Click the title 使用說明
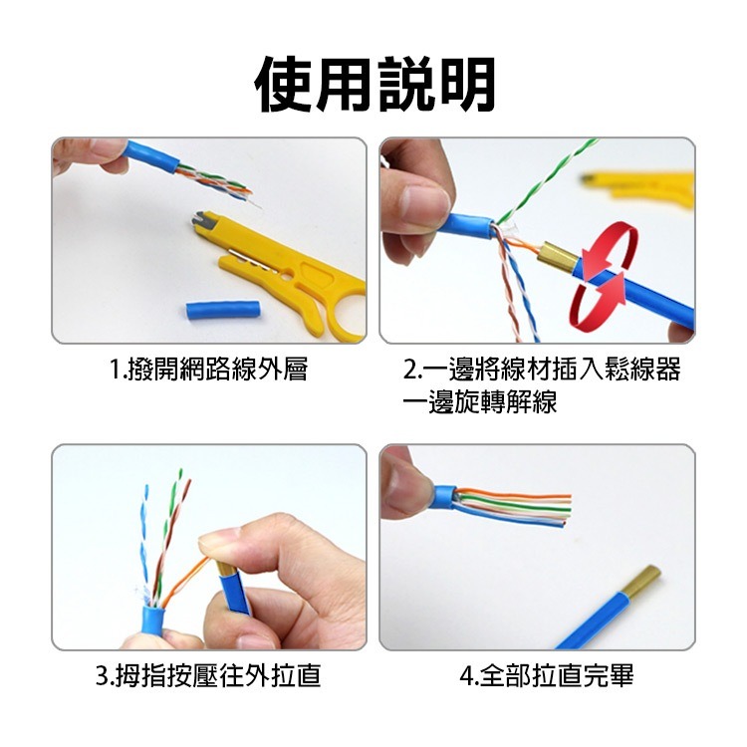pyautogui.click(x=374, y=84)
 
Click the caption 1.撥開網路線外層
pyautogui.click(x=208, y=371)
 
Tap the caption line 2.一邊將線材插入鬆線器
pyautogui.click(x=542, y=371)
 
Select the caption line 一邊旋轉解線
pyautogui.click(x=479, y=402)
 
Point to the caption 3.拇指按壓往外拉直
pyautogui.click(x=208, y=677)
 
